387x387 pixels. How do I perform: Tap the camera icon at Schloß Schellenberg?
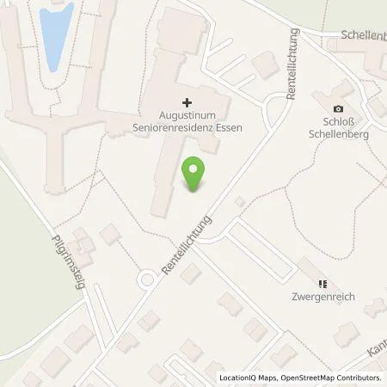338,108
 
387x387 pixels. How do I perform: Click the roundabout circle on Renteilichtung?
147,279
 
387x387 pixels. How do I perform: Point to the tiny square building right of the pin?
240,201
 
